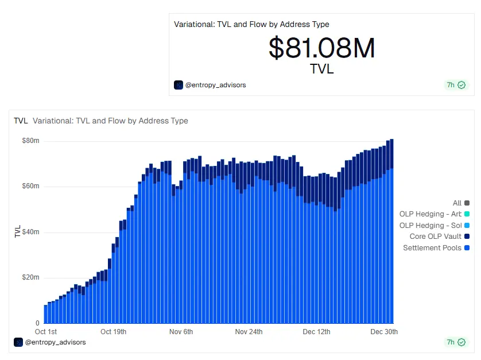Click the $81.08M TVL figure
pyautogui.click(x=321, y=49)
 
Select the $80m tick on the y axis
pyautogui.click(x=30, y=141)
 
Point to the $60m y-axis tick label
pyautogui.click(x=30, y=187)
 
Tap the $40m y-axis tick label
pyautogui.click(x=30, y=232)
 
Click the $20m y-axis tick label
pyautogui.click(x=30, y=277)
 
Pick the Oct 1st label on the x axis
pyautogui.click(x=46, y=332)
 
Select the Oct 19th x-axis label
pyautogui.click(x=113, y=332)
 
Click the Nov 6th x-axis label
pyautogui.click(x=181, y=332)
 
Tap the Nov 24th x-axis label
pyautogui.click(x=249, y=332)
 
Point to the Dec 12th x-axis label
pyautogui.click(x=317, y=332)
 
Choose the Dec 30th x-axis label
pyautogui.click(x=384, y=332)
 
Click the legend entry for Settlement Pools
pyautogui.click(x=432, y=248)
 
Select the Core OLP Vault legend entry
pyautogui.click(x=435, y=237)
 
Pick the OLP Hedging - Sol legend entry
pyautogui.click(x=430, y=226)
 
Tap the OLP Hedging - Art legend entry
pyautogui.click(x=430, y=214)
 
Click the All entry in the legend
pyautogui.click(x=457, y=203)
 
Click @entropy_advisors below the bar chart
pyautogui.click(x=55, y=342)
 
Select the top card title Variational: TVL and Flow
pyautogui.click(x=251, y=24)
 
